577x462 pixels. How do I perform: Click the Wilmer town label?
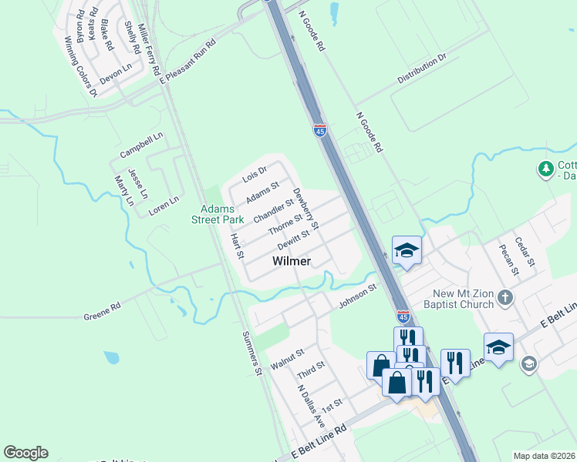pyautogui.click(x=292, y=262)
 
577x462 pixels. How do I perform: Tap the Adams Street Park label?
pyautogui.click(x=223, y=214)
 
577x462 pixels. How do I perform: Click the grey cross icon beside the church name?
pyautogui.click(x=505, y=296)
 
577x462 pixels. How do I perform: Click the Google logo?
pyautogui.click(x=25, y=453)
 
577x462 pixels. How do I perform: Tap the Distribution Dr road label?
pyautogui.click(x=422, y=69)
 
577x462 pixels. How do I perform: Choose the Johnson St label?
pyautogui.click(x=356, y=296)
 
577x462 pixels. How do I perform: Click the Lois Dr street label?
pyautogui.click(x=255, y=175)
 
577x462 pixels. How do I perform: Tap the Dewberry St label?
pyautogui.click(x=305, y=208)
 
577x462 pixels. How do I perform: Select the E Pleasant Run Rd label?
pyautogui.click(x=187, y=59)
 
